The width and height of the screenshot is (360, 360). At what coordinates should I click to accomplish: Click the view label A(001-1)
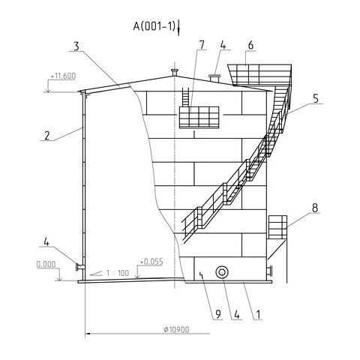click(154, 26)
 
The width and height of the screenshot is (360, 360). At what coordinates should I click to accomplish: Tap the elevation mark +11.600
click(63, 76)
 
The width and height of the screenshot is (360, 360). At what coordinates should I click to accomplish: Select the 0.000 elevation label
click(46, 264)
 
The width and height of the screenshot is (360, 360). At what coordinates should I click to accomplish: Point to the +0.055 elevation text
click(151, 262)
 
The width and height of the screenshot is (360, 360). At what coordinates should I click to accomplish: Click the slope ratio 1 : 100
click(118, 273)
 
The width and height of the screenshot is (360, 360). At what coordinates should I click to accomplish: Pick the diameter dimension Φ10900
click(176, 329)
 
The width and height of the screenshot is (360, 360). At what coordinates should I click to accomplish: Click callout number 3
click(76, 46)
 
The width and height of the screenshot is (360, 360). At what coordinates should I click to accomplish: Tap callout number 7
click(202, 45)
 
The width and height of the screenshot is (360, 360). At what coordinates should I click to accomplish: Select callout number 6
click(250, 45)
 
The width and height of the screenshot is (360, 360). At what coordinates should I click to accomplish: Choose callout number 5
click(316, 98)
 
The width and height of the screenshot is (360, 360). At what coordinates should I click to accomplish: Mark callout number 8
click(315, 208)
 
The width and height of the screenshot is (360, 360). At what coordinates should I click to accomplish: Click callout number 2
click(47, 136)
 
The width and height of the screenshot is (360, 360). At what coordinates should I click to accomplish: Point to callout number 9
click(218, 314)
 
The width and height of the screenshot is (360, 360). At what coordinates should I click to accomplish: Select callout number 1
click(258, 314)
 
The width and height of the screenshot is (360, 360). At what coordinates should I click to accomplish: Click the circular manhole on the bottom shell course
click(222, 271)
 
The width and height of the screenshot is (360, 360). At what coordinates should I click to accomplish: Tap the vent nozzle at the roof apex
click(175, 73)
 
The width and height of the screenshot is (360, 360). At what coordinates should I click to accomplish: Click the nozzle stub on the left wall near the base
click(80, 267)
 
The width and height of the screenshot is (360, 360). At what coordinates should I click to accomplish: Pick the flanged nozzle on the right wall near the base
click(269, 271)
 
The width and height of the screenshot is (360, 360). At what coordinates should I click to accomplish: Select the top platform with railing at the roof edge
click(259, 74)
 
